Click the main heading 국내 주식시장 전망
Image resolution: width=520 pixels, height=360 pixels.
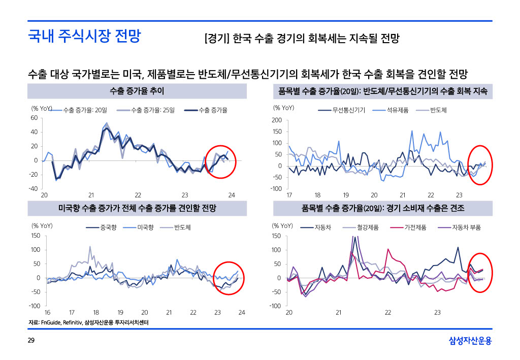click(x=84, y=36)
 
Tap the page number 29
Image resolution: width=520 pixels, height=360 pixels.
click(x=31, y=340)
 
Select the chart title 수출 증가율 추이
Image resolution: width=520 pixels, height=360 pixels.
click(x=137, y=91)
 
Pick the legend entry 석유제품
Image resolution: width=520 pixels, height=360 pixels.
click(x=398, y=110)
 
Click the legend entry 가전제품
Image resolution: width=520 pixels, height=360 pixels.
click(x=415, y=227)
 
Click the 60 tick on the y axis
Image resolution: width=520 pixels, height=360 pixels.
click(x=34, y=118)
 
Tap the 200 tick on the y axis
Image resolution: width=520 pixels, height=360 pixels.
click(x=277, y=120)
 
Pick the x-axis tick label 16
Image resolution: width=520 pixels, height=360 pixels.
click(x=47, y=312)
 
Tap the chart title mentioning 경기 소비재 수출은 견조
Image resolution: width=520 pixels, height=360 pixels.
click(x=382, y=209)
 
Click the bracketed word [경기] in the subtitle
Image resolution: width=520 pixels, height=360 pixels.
click(x=217, y=39)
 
